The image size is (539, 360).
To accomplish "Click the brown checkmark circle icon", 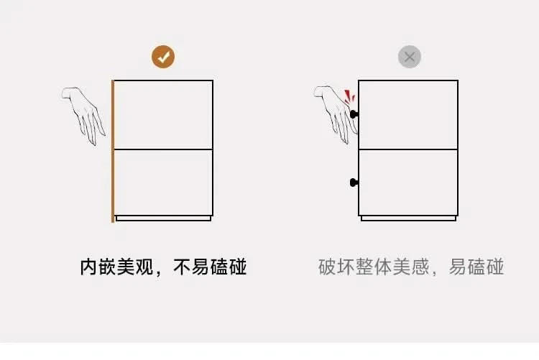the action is [163, 57].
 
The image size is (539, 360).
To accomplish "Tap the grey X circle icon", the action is [410, 57].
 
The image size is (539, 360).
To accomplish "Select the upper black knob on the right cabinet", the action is [354, 114].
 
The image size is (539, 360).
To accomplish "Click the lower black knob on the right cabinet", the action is [354, 183].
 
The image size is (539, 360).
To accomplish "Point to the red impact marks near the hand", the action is [349, 96].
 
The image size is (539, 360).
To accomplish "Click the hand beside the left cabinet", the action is [83, 116].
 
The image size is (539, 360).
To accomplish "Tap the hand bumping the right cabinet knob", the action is [336, 114].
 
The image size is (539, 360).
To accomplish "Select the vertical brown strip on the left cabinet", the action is [113, 152].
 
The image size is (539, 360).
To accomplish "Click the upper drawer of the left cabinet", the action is [163, 115].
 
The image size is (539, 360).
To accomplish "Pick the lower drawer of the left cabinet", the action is [163, 183].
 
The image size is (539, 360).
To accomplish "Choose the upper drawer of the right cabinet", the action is [408, 115].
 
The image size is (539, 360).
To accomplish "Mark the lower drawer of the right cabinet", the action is [408, 183].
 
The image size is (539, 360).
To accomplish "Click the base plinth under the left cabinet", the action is [163, 218].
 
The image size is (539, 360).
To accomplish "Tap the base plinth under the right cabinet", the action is [408, 218].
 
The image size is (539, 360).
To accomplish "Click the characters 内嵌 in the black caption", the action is [98, 267].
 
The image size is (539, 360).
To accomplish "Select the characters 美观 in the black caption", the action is [135, 267].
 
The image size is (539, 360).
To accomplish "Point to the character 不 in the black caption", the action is [182, 267].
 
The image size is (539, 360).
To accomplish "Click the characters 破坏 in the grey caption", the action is [336, 267].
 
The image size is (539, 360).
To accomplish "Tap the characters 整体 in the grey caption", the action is [374, 267].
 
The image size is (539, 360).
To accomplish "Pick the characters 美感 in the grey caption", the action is [411, 267].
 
